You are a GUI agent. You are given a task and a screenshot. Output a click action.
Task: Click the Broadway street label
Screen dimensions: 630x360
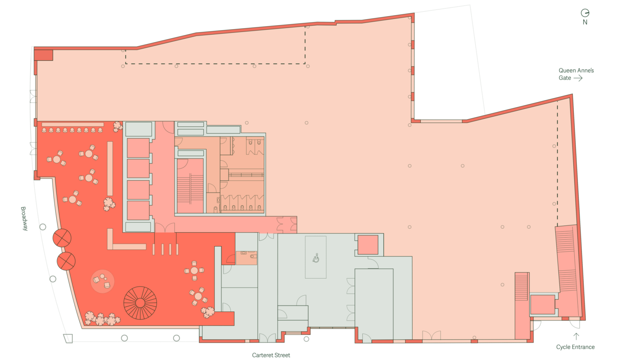(x=25, y=219)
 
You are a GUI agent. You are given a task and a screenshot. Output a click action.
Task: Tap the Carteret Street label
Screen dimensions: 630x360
(x=271, y=355)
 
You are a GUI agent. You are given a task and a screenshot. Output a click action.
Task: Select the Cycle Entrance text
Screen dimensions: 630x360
(x=575, y=347)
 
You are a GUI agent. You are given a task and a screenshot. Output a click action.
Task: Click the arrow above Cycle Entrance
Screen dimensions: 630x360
(x=576, y=337)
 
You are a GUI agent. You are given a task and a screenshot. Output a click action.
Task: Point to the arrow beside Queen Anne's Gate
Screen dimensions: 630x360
(x=578, y=78)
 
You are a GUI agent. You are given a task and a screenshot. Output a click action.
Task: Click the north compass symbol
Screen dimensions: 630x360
(x=585, y=13)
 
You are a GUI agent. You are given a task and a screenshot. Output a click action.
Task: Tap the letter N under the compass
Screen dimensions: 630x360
(x=585, y=22)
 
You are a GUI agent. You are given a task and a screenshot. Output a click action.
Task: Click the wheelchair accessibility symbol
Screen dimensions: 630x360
(x=316, y=258)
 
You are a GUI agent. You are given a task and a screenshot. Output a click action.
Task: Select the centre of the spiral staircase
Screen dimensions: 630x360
(x=140, y=303)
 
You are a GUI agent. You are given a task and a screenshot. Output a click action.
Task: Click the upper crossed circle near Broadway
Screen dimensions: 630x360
(x=62, y=238)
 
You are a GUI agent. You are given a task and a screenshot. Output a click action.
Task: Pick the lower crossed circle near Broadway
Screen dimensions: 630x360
(x=66, y=261)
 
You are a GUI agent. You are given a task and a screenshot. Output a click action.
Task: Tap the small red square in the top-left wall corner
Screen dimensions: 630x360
(x=43, y=55)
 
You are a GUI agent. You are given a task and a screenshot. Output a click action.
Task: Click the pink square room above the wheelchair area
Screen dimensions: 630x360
(x=368, y=245)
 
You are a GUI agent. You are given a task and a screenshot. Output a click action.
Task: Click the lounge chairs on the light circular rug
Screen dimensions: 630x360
(x=102, y=281)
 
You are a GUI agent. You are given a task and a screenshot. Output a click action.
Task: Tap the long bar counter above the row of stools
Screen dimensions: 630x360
(x=72, y=124)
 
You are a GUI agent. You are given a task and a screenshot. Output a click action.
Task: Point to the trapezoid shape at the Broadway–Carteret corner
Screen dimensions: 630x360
(x=68, y=338)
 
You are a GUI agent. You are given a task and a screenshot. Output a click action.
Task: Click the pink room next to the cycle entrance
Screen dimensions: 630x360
(x=543, y=304)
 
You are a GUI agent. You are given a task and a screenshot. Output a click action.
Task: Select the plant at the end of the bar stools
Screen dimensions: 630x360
(x=117, y=126)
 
